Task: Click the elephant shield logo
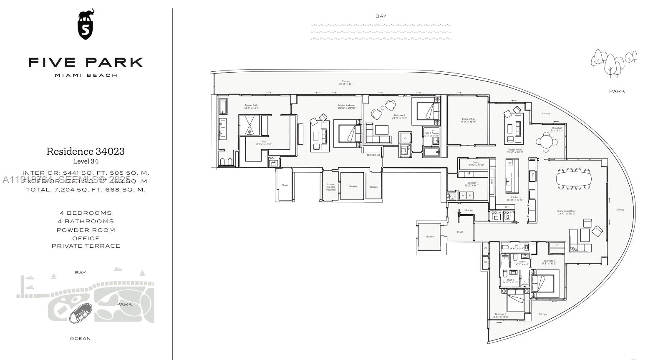coord(86,25)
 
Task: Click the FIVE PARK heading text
coord(86,63)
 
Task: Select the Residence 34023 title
coord(86,151)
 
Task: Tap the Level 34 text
coord(86,161)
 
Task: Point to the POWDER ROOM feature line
coord(86,230)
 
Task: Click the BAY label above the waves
coord(381,16)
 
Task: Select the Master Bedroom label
coord(347,106)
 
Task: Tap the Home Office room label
coord(468,120)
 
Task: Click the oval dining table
coord(574,179)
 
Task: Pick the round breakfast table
coord(547,141)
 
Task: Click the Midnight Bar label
coord(373,155)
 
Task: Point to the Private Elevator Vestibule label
coord(330,187)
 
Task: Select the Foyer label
coord(460,232)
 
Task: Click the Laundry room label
coord(472,184)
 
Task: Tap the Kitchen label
coord(514,198)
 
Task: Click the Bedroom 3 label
coord(500,315)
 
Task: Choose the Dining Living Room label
coord(566,212)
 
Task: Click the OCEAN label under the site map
coord(80,339)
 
